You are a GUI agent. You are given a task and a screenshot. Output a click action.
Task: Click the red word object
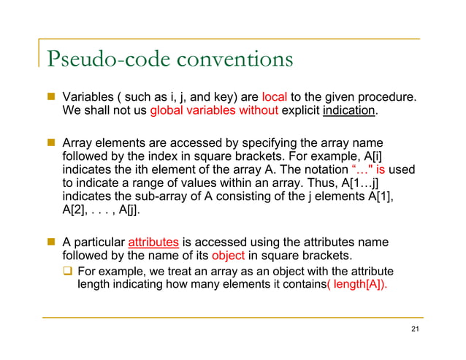226,256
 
